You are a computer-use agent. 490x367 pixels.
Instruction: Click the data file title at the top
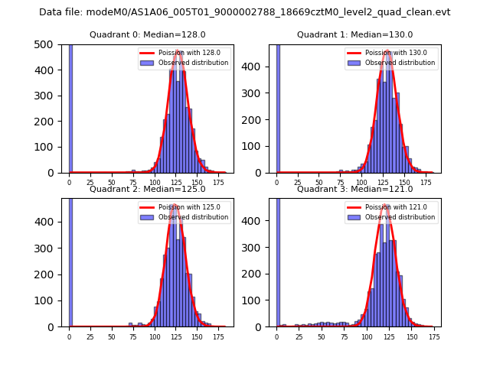pos(244,12)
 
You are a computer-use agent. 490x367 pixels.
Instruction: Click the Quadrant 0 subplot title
pos(148,34)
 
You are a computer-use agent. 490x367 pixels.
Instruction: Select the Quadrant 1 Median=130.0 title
pos(355,34)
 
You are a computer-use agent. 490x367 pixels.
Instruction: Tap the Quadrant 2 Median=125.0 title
pos(148,189)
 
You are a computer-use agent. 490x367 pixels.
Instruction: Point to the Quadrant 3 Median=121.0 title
pos(355,189)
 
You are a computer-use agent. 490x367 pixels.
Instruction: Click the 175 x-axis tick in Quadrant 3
pos(433,336)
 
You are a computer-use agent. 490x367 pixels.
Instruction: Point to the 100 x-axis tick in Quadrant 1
pos(363,182)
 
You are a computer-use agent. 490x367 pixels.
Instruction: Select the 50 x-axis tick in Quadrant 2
pos(112,336)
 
